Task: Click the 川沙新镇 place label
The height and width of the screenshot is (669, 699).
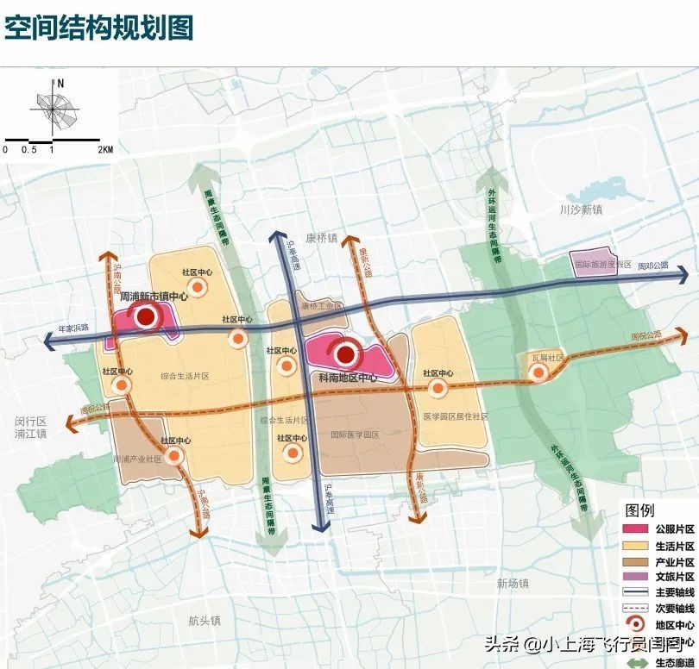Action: [579, 209]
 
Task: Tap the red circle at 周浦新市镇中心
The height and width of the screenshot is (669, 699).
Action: [147, 317]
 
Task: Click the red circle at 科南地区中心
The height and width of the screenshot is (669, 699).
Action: [347, 353]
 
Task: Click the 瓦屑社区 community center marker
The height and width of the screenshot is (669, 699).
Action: [538, 372]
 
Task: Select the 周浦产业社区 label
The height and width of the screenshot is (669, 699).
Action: [137, 460]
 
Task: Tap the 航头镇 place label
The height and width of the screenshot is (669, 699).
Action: [205, 620]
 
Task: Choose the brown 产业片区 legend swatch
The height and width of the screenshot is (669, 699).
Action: [635, 561]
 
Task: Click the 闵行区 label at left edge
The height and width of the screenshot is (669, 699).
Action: [29, 421]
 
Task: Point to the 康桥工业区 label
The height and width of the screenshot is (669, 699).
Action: [320, 306]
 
